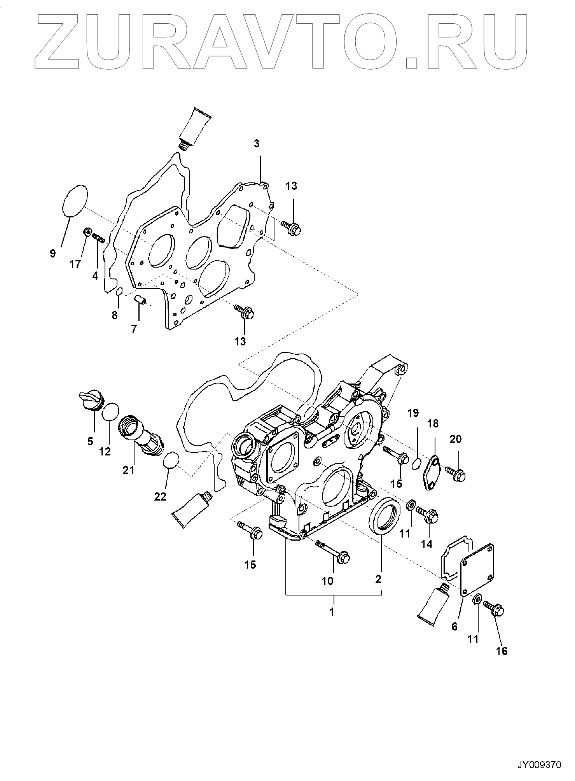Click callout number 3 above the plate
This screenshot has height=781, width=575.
[x=256, y=144]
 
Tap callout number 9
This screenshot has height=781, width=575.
[x=53, y=254]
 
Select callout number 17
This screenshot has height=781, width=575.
[x=75, y=264]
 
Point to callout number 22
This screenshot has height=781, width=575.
[x=160, y=496]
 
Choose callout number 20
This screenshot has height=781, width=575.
[x=456, y=439]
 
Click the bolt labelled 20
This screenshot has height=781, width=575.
[x=455, y=473]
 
